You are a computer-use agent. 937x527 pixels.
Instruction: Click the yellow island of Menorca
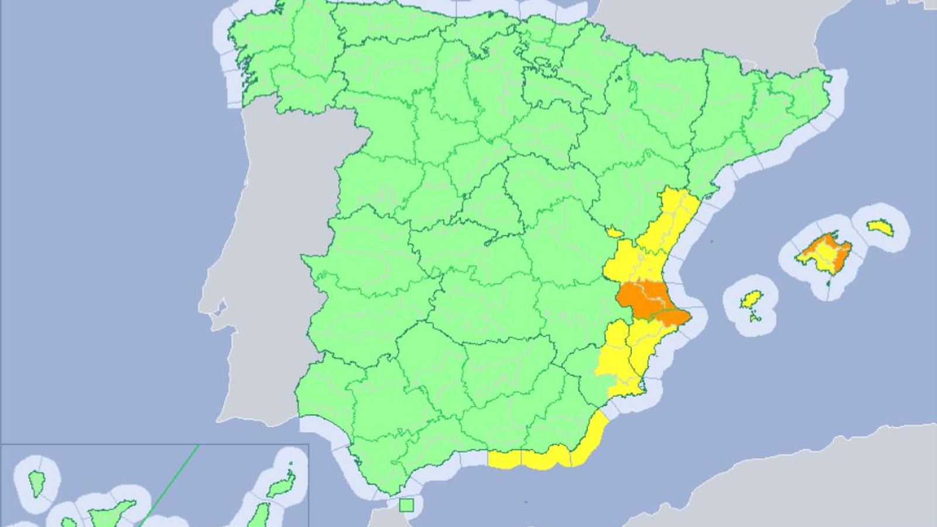(x=880, y=227)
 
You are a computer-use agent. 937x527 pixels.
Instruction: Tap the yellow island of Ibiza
(x=750, y=300)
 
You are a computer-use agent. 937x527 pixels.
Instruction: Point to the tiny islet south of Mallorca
(x=827, y=282)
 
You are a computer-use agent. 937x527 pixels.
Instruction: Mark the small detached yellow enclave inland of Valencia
(x=614, y=232)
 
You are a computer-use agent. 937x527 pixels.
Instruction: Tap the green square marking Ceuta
(x=406, y=504)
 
